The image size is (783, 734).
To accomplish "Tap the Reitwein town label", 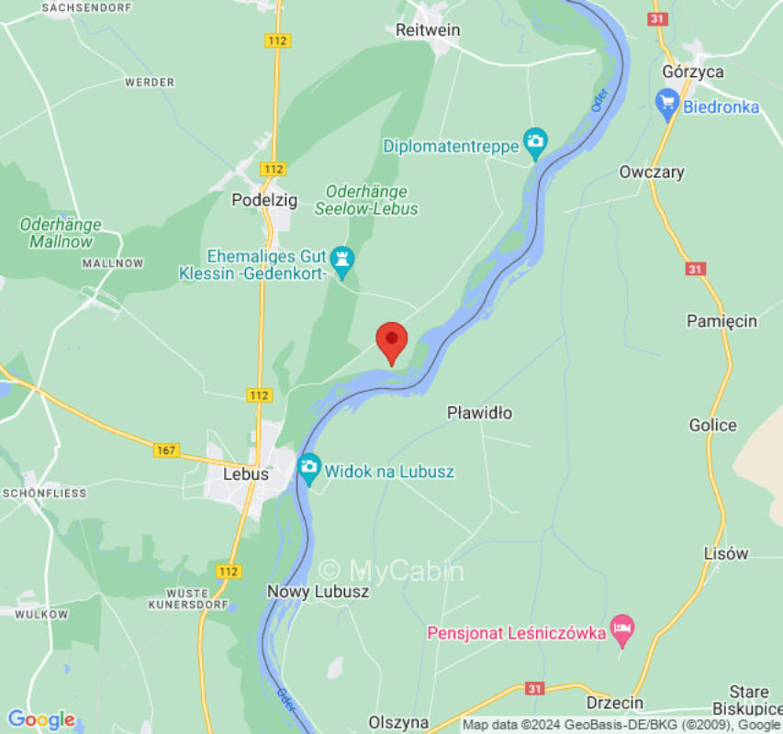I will click(427, 30).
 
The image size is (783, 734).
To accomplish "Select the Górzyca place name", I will click(692, 72).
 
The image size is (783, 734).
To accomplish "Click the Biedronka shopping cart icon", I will click(667, 106).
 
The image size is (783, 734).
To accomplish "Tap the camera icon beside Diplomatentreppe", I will click(534, 143).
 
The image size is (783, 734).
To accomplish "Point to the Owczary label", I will click(651, 172).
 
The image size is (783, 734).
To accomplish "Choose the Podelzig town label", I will click(264, 200).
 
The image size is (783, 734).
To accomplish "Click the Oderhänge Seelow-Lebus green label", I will click(366, 199).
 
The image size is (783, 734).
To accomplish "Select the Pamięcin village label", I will click(721, 320).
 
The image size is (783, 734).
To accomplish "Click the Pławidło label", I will click(479, 413).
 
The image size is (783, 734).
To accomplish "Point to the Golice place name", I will click(712, 425).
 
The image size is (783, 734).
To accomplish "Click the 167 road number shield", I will click(166, 450).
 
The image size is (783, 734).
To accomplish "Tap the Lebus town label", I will click(246, 474).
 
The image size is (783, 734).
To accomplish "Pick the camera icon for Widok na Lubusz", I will click(309, 469).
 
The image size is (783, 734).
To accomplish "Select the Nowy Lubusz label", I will click(318, 592).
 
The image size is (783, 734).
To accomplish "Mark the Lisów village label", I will click(725, 553).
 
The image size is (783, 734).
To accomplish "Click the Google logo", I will click(41, 719).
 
